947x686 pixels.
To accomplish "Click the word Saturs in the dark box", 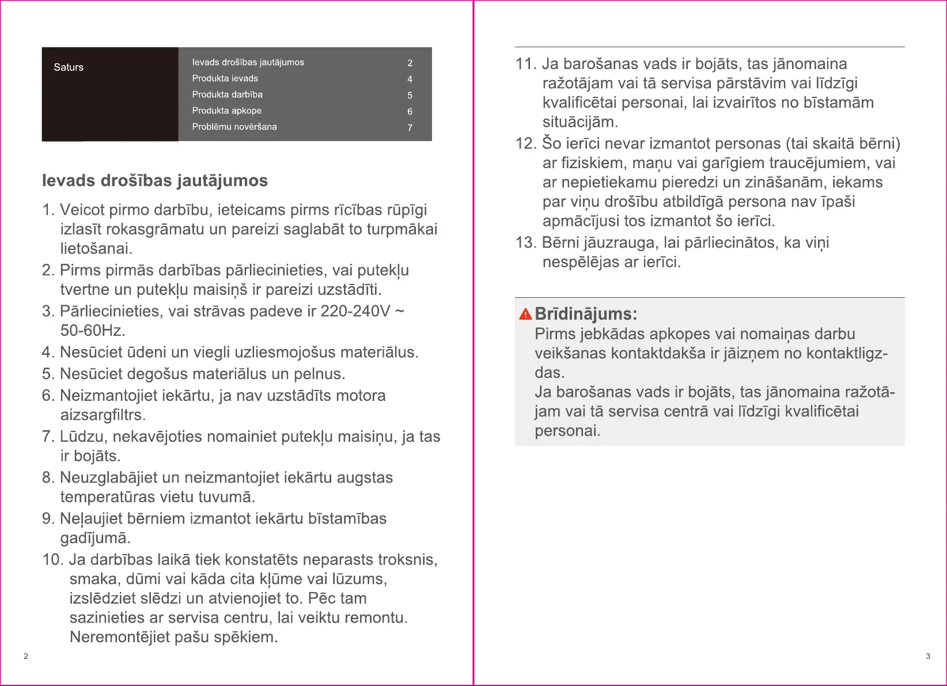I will click(69, 67).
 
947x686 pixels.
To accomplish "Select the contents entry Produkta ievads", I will click(225, 78).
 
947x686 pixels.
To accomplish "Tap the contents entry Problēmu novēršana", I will click(234, 127).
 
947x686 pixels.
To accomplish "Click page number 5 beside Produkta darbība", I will click(410, 95).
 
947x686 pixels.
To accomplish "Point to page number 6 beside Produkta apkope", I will click(410, 111).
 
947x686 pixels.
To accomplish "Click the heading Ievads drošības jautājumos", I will click(155, 181).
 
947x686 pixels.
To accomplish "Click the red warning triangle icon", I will click(525, 314).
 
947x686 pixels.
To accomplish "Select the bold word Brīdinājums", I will click(585, 314).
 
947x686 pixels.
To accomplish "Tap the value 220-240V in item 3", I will click(355, 311).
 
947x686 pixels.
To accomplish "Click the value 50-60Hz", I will click(92, 331).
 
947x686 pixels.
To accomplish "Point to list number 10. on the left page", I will click(53, 560).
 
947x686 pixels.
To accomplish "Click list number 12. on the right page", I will click(525, 143).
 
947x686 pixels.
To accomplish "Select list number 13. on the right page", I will click(525, 242).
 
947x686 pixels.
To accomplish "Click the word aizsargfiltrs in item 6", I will click(103, 415).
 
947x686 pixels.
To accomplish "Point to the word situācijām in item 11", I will click(579, 122).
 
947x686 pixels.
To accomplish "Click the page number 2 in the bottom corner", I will click(26, 656).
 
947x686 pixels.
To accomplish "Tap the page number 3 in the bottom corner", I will click(927, 656).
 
